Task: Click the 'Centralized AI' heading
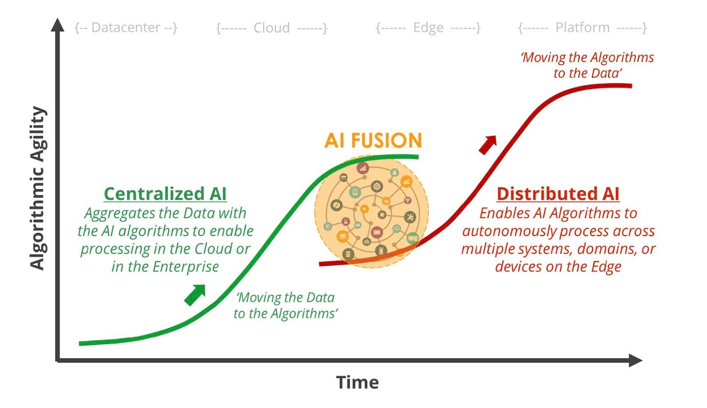165,194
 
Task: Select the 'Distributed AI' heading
558,194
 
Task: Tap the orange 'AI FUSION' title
373,141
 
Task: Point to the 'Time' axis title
357,382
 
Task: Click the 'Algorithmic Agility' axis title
38,188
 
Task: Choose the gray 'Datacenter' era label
125,27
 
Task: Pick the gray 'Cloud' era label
271,28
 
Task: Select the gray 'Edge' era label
428,27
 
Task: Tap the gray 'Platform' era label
582,27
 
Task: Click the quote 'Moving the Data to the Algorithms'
285,305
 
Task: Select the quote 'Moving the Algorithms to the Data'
587,65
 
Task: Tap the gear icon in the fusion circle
376,186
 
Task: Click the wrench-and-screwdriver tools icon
410,217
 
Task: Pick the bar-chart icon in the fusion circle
362,168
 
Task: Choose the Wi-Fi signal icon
407,201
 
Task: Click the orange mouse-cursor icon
365,209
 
